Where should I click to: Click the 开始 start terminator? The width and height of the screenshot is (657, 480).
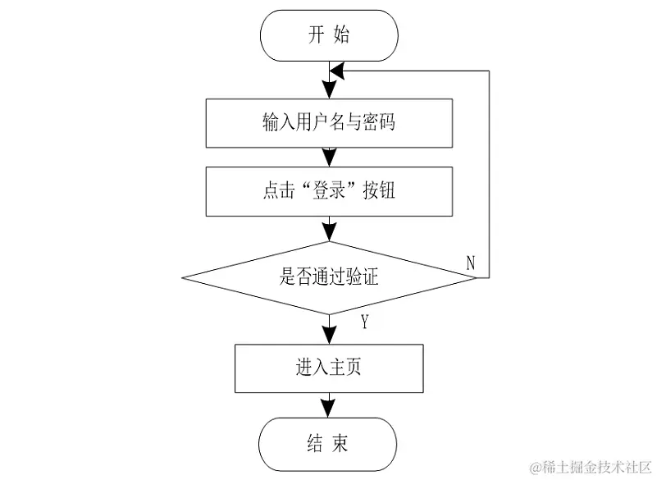click(x=329, y=36)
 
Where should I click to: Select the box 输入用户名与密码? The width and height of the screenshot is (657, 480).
click(x=329, y=123)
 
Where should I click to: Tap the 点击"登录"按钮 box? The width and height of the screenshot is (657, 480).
click(x=329, y=191)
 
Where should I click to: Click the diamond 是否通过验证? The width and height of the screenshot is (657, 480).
click(x=329, y=277)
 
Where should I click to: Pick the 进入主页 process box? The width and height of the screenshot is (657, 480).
click(x=329, y=368)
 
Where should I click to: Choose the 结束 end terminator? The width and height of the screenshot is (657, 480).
click(x=329, y=444)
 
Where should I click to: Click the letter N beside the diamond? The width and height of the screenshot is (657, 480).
click(x=471, y=263)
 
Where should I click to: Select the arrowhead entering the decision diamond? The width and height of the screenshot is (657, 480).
click(x=329, y=231)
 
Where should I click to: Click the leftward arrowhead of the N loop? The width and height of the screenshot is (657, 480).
click(x=336, y=73)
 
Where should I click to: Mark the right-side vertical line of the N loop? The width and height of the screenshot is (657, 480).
click(x=490, y=172)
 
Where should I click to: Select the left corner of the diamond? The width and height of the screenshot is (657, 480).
click(x=184, y=277)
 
